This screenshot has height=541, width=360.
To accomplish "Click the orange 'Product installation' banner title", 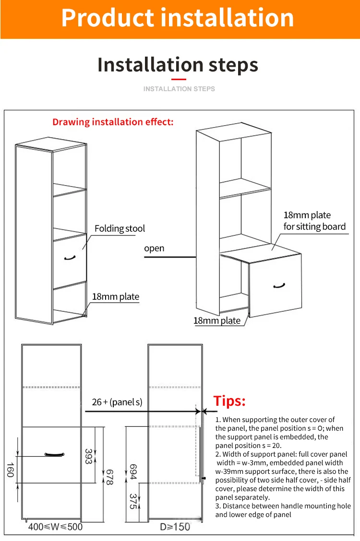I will [x=178, y=18].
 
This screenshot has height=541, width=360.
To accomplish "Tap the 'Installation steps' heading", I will [x=178, y=65].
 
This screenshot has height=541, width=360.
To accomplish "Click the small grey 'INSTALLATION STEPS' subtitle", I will [x=179, y=89].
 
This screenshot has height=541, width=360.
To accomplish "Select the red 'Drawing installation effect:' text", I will [x=113, y=122].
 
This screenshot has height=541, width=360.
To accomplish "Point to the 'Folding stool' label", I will [x=120, y=229].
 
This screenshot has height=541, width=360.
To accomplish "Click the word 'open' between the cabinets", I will [x=154, y=248].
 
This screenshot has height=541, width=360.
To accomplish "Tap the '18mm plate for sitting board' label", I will [x=314, y=221].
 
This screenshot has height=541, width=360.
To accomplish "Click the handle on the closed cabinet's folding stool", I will [x=70, y=258].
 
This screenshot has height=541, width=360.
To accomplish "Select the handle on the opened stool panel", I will [x=279, y=286].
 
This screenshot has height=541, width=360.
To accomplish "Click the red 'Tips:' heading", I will [x=229, y=401].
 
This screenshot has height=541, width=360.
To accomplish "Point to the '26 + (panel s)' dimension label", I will [x=117, y=402].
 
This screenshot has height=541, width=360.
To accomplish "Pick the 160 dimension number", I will [x=11, y=470].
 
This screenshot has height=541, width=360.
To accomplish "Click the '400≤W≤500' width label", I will [x=55, y=527].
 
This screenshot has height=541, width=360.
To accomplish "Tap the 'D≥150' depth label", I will [x=175, y=527].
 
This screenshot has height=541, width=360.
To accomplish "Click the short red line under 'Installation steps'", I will [x=179, y=79].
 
